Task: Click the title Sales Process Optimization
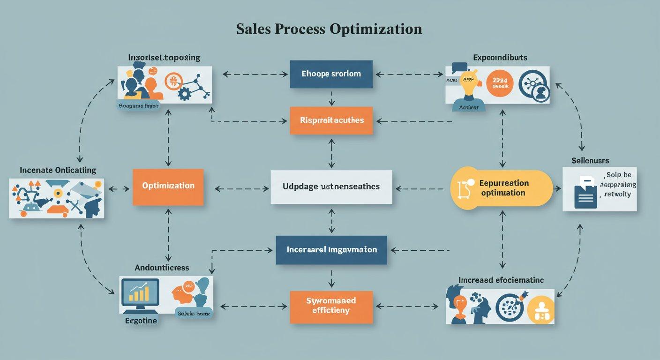pyautogui.click(x=329, y=29)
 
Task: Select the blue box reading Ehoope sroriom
pyautogui.click(x=331, y=74)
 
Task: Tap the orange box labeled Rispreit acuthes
pyautogui.click(x=331, y=120)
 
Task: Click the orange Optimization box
pyautogui.click(x=168, y=187)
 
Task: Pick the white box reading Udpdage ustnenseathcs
pyautogui.click(x=331, y=187)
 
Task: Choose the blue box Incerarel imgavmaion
pyautogui.click(x=331, y=250)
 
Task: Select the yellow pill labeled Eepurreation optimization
pyautogui.click(x=502, y=188)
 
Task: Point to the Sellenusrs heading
pyautogui.click(x=590, y=161)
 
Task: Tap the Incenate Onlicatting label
pyautogui.click(x=58, y=170)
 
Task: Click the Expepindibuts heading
pyautogui.click(x=500, y=58)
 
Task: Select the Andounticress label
pyautogui.click(x=162, y=268)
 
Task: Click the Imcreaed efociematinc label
pyautogui.click(x=501, y=280)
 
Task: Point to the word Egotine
pyautogui.click(x=141, y=321)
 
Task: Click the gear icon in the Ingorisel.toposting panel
pyautogui.click(x=185, y=94)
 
